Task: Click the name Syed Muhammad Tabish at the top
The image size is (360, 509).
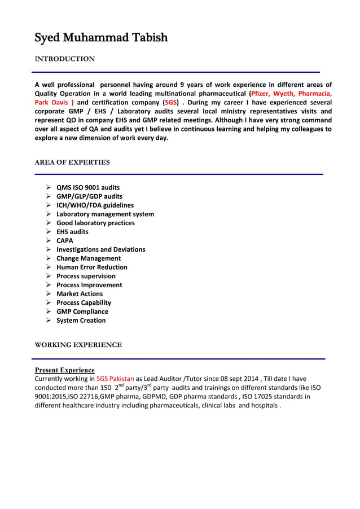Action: point(101,38)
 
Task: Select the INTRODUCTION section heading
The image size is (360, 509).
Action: point(65,59)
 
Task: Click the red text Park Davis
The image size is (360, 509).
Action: point(54,103)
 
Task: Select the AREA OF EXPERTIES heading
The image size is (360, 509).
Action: point(72,163)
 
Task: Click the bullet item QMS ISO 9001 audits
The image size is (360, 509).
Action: point(88,187)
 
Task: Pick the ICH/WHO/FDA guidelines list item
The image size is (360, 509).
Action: point(95,205)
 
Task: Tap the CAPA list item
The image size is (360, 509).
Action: point(65,240)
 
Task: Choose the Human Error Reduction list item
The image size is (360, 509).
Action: point(92,267)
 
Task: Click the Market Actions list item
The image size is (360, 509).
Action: point(80,293)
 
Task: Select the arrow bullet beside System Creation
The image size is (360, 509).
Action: point(49,321)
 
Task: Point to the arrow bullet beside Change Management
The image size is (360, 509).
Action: point(49,258)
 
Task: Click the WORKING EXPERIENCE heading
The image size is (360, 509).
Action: point(78,345)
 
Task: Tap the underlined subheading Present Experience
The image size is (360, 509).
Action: point(65,370)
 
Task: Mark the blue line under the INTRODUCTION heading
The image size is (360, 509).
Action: point(175,72)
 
